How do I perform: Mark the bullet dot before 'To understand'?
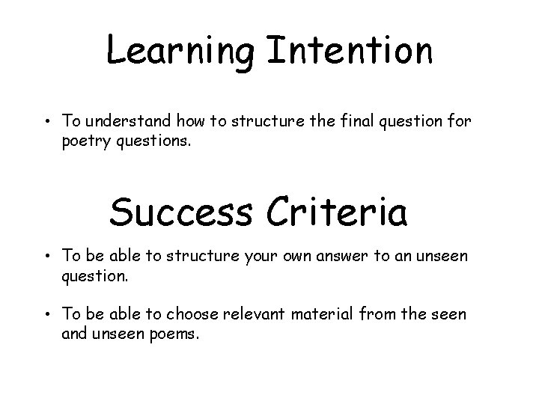pyautogui.click(x=46, y=120)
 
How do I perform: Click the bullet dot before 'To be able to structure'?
pyautogui.click(x=46, y=257)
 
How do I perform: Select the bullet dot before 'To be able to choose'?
pyautogui.click(x=46, y=315)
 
